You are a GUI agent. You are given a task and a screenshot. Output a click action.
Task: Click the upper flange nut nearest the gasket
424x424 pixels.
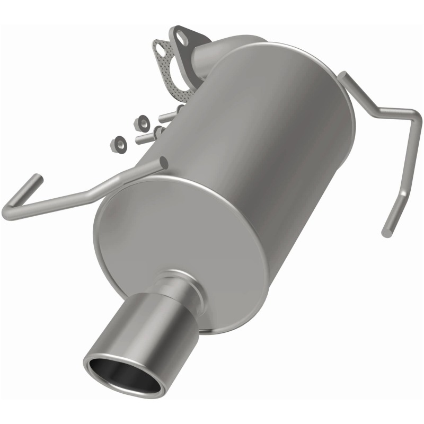pos(142,121)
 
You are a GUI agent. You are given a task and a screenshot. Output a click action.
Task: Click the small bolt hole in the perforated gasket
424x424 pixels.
pos(158,48)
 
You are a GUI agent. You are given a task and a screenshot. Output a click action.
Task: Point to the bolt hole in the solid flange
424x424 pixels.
pos(181,38)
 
